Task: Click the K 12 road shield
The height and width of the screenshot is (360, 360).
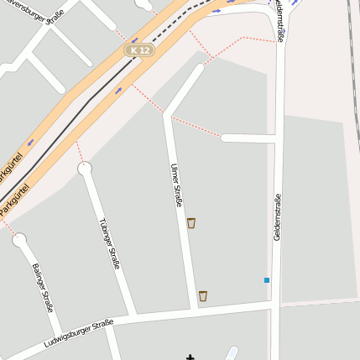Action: (x=140, y=50)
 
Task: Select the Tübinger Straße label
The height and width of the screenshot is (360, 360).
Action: (x=110, y=243)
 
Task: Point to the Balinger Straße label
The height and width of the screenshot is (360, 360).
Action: (x=43, y=288)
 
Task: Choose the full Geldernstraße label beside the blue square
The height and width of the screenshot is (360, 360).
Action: (x=277, y=217)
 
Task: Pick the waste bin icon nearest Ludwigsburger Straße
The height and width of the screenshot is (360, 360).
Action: (x=202, y=295)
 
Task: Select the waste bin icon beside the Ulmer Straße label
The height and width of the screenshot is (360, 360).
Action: (x=191, y=222)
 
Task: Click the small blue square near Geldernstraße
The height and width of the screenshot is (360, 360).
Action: (x=267, y=279)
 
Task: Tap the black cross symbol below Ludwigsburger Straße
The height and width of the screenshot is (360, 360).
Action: (x=190, y=356)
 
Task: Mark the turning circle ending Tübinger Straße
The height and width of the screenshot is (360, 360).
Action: (x=85, y=169)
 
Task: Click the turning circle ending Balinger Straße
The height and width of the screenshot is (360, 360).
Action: (x=19, y=241)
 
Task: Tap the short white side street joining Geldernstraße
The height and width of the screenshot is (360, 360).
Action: (x=248, y=138)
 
